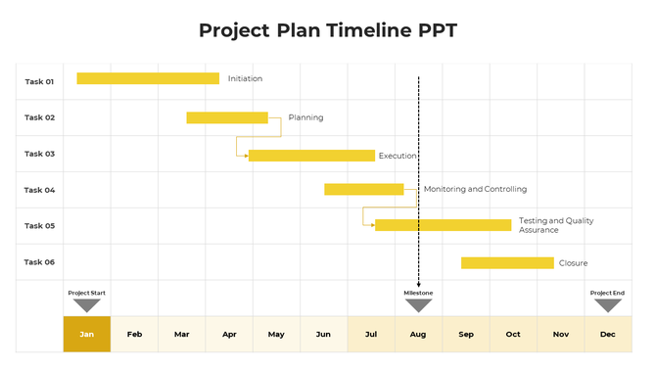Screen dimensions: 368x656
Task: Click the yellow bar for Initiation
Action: click(x=148, y=78)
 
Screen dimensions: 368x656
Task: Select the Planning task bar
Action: click(x=227, y=117)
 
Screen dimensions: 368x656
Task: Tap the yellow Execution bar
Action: click(x=311, y=156)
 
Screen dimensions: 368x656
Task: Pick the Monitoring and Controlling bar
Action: click(x=363, y=189)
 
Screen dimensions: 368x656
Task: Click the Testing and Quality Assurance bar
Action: click(x=443, y=225)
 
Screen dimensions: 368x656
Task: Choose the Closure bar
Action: click(x=507, y=262)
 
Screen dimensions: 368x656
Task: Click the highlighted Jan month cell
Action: click(x=87, y=334)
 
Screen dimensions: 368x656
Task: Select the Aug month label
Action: click(x=418, y=335)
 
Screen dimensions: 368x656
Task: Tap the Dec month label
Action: click(x=607, y=335)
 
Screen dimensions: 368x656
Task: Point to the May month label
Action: click(x=276, y=335)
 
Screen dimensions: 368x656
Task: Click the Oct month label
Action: click(x=513, y=335)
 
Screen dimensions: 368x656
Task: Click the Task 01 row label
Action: click(x=39, y=81)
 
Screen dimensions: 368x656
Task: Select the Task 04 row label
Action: click(x=39, y=190)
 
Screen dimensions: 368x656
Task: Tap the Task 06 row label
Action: click(x=39, y=262)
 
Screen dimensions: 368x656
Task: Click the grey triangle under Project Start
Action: click(x=87, y=304)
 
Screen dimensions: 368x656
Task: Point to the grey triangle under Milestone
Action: click(x=418, y=304)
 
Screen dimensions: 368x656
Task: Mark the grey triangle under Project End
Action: click(x=607, y=304)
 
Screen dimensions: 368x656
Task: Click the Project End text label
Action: click(x=607, y=293)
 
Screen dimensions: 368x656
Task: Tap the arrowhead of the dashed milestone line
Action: click(x=418, y=283)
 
